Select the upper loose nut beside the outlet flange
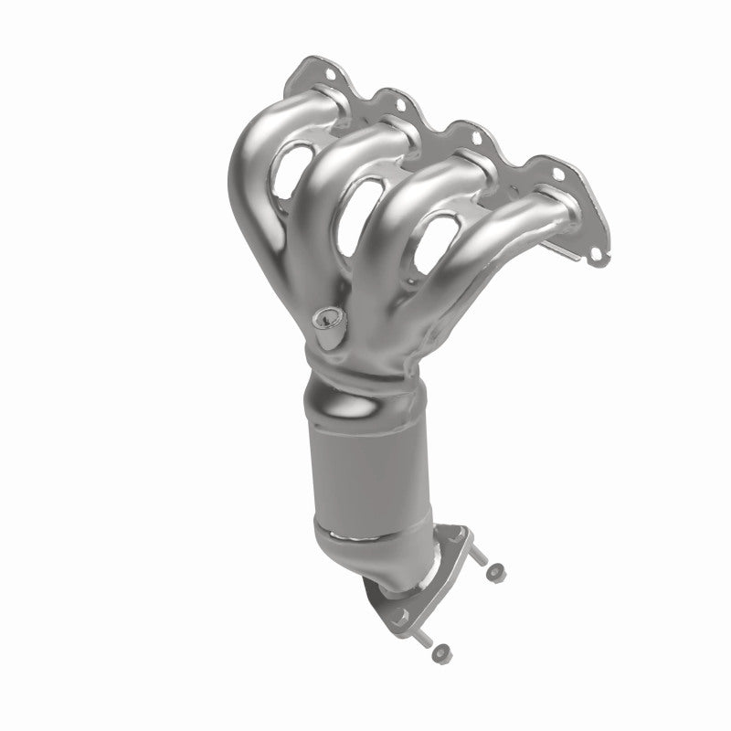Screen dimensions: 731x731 494,573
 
